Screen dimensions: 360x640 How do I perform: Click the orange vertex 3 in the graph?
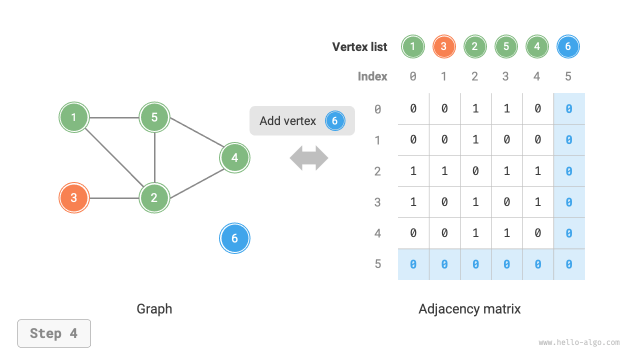coord(74,197)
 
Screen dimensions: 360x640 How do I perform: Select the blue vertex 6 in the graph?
coord(234,238)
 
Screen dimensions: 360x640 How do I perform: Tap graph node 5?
coord(154,117)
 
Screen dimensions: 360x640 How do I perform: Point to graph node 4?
coord(234,158)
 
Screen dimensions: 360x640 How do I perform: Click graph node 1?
coord(74,117)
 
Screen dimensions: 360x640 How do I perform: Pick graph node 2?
coord(154,197)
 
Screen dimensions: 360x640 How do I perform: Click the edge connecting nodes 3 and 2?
coord(114,198)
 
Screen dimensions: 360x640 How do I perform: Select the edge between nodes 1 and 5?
coord(114,117)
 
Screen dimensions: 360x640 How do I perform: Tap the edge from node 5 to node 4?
coord(195,137)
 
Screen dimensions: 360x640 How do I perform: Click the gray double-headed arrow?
coord(309,158)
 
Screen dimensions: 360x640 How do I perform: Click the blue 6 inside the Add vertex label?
coord(335,121)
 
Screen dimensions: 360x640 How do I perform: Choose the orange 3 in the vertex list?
coord(443,47)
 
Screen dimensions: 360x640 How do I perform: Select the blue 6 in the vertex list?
coord(568,47)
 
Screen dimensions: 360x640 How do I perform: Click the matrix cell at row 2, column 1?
coord(444,171)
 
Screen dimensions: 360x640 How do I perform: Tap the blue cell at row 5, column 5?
coord(569,264)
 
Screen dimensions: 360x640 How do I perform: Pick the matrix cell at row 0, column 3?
coord(506,108)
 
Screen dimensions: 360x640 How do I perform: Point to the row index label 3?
coord(377,202)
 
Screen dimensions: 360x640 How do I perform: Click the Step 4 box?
coord(54,333)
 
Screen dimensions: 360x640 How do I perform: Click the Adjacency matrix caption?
coord(469,309)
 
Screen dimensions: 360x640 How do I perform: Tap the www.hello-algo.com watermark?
coord(579,342)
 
